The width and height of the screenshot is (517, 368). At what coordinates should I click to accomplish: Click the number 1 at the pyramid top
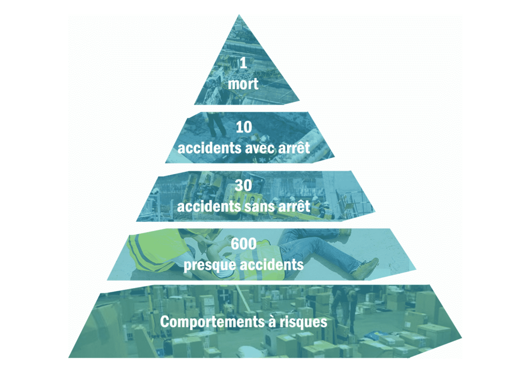pyautogui.click(x=243, y=63)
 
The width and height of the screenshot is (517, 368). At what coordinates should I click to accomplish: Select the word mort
pyautogui.click(x=243, y=84)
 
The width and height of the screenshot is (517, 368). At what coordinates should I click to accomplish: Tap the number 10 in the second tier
pyautogui.click(x=244, y=127)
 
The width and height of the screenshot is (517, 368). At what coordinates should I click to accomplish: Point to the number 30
pyautogui.click(x=244, y=186)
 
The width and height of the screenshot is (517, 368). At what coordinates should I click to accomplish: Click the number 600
pyautogui.click(x=244, y=244)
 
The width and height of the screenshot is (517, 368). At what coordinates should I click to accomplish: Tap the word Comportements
pyautogui.click(x=213, y=322)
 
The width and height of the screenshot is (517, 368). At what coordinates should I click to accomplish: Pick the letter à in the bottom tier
pyautogui.click(x=272, y=321)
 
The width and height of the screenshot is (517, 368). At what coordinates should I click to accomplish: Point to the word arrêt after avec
pyautogui.click(x=294, y=148)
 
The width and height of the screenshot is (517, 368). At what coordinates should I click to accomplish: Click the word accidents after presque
pyautogui.click(x=271, y=265)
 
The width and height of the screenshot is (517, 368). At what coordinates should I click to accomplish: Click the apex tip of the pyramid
pyautogui.click(x=239, y=15)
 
